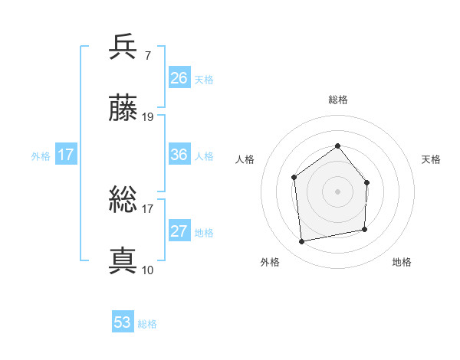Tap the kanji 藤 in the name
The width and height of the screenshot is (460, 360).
click(123, 110)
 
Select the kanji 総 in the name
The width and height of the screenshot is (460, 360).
click(123, 201)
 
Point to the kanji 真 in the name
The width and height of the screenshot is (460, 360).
click(123, 261)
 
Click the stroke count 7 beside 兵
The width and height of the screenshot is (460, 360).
click(147, 56)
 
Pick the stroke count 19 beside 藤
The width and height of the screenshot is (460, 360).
click(148, 117)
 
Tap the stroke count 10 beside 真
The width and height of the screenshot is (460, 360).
click(148, 270)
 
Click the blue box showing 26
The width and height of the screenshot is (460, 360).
click(179, 78)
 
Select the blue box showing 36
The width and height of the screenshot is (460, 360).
click(179, 155)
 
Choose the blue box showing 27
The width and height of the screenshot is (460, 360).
click(179, 231)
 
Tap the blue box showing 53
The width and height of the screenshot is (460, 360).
click(123, 322)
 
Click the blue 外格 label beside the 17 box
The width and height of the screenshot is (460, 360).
click(41, 155)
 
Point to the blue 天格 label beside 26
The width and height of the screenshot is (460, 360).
click(204, 80)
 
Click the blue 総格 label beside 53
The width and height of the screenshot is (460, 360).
click(147, 324)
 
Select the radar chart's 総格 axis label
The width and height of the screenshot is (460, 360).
click(337, 100)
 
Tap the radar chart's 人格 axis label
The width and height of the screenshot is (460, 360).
click(245, 159)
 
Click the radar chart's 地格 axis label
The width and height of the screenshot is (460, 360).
click(402, 262)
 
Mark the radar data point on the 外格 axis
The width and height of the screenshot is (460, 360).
click(302, 241)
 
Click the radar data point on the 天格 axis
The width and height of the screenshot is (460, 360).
click(366, 182)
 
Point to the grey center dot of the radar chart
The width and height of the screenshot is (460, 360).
click(337, 191)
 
